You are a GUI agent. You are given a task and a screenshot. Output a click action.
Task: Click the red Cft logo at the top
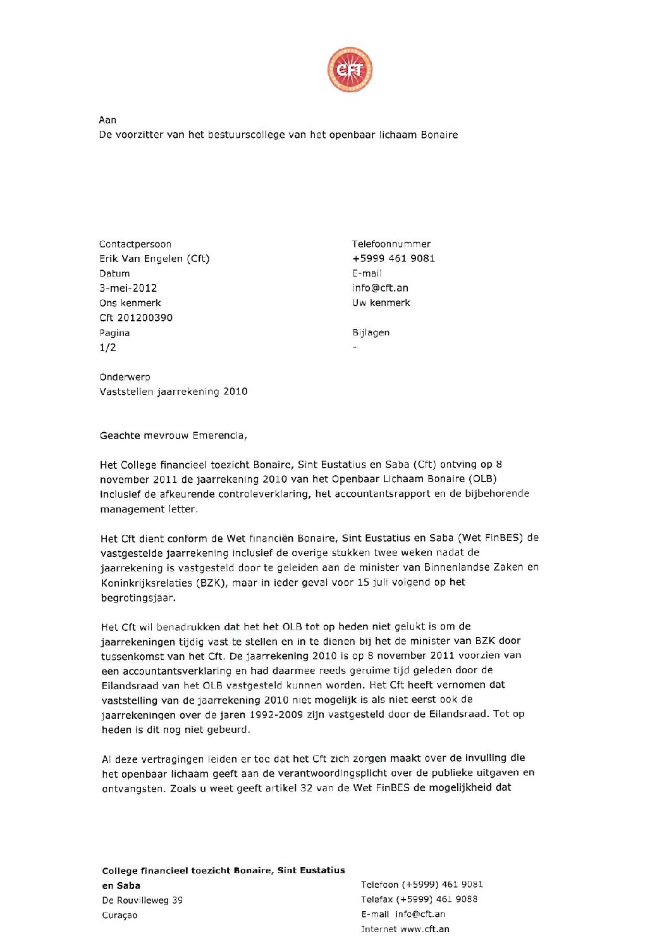[x=350, y=70]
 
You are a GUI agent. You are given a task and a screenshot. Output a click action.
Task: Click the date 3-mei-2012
[x=128, y=288]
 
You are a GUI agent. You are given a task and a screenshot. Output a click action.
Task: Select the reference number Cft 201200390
[x=136, y=318]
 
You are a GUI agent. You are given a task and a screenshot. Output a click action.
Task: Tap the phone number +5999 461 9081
[x=393, y=258]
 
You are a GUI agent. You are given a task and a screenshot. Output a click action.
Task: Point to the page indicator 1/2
[x=107, y=347]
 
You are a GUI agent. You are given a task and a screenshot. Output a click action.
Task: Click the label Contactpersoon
[x=135, y=244]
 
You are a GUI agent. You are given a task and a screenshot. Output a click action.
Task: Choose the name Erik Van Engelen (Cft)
[x=154, y=258]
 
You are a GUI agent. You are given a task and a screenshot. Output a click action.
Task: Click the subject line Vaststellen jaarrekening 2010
[x=173, y=392]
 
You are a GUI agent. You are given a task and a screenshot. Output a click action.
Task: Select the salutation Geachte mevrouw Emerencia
[x=173, y=435]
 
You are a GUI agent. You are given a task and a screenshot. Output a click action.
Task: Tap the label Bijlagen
[x=371, y=332]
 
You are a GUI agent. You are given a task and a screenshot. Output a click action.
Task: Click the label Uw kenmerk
[x=381, y=302]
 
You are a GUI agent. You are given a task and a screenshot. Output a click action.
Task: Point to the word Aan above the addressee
[x=107, y=120]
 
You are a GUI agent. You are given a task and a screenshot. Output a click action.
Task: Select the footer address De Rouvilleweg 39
[x=142, y=900]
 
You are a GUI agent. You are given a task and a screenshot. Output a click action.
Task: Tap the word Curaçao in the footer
[x=120, y=915]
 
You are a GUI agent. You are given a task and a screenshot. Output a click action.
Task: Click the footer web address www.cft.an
[x=425, y=929]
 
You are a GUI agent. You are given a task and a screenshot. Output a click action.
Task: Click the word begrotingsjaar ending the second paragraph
[x=138, y=598]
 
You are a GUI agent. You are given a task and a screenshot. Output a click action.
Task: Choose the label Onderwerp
[x=125, y=377]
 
